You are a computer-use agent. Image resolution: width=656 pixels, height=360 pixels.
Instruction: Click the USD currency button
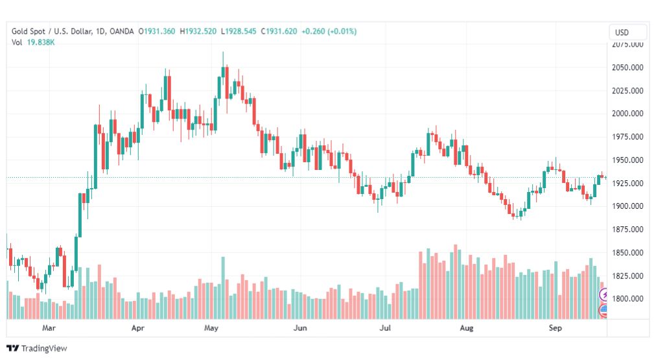(x=622, y=32)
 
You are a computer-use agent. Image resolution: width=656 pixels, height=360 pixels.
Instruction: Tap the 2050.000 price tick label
(x=627, y=67)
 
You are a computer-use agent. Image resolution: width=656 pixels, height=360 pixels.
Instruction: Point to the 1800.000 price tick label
(x=627, y=299)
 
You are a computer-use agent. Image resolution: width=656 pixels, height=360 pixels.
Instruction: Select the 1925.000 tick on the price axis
(x=627, y=184)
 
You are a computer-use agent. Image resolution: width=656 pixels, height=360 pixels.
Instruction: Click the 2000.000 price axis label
(x=627, y=114)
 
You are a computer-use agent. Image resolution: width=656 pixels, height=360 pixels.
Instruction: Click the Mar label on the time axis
(x=49, y=328)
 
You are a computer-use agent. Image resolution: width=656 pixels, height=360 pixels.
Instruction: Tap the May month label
(x=211, y=328)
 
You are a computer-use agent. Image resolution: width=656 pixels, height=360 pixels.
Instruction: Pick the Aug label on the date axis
(x=467, y=328)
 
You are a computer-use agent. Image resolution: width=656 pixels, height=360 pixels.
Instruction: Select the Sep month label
(x=555, y=328)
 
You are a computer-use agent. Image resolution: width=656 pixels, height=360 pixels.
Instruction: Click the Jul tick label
(x=385, y=328)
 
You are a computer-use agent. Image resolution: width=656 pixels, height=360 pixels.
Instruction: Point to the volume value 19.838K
(x=41, y=42)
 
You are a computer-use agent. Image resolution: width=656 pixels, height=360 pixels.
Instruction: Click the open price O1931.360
(x=157, y=31)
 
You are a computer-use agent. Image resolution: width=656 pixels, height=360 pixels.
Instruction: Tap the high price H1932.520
(x=198, y=31)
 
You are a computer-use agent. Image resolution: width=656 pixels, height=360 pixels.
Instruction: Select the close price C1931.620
(x=279, y=31)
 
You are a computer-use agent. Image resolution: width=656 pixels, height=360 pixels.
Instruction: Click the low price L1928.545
(x=239, y=31)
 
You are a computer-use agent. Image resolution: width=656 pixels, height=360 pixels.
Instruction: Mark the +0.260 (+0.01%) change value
(x=329, y=31)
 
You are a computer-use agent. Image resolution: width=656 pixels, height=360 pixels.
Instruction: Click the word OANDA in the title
(x=121, y=31)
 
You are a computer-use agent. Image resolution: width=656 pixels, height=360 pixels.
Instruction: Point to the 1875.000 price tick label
(x=627, y=230)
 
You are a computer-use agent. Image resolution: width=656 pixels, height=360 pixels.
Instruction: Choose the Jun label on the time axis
(x=300, y=328)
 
